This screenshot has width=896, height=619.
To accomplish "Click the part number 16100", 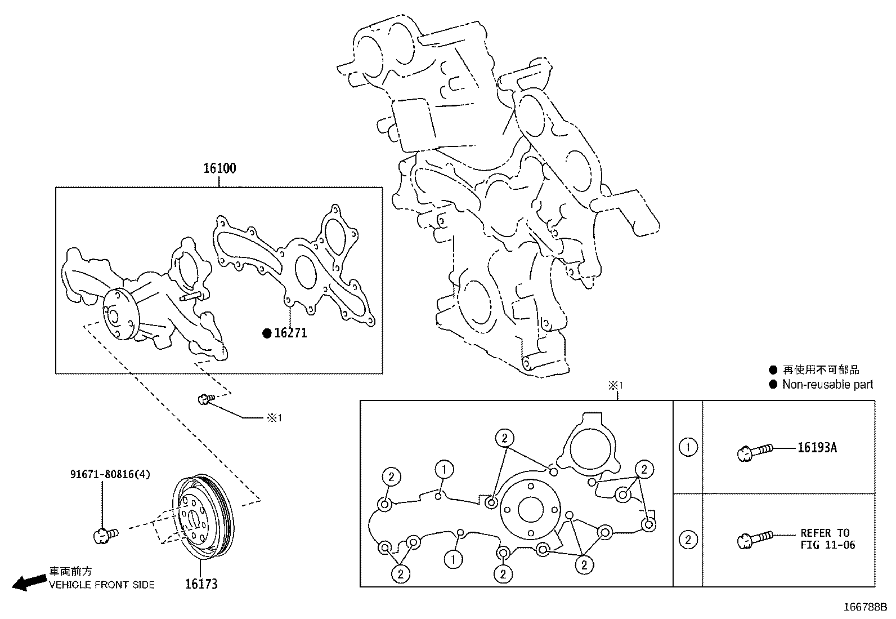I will [x=219, y=168].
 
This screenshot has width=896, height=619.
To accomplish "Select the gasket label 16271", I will [x=290, y=333].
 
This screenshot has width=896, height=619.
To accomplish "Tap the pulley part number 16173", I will [x=201, y=584].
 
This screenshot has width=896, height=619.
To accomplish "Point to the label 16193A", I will [x=817, y=448].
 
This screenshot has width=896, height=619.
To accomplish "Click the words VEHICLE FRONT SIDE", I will [x=101, y=585].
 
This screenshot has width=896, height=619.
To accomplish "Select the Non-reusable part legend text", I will [x=827, y=385].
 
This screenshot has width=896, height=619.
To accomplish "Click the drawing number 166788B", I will [x=864, y=607].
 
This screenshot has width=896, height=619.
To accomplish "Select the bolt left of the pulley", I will [x=105, y=533].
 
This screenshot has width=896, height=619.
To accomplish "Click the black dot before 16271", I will [x=267, y=333].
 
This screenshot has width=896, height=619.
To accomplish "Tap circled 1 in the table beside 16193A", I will [x=688, y=448].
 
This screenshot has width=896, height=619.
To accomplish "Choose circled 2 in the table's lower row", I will [x=688, y=540].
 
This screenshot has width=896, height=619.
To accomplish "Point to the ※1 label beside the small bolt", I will [x=274, y=418].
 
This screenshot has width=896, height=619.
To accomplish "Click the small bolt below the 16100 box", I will [x=205, y=399].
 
